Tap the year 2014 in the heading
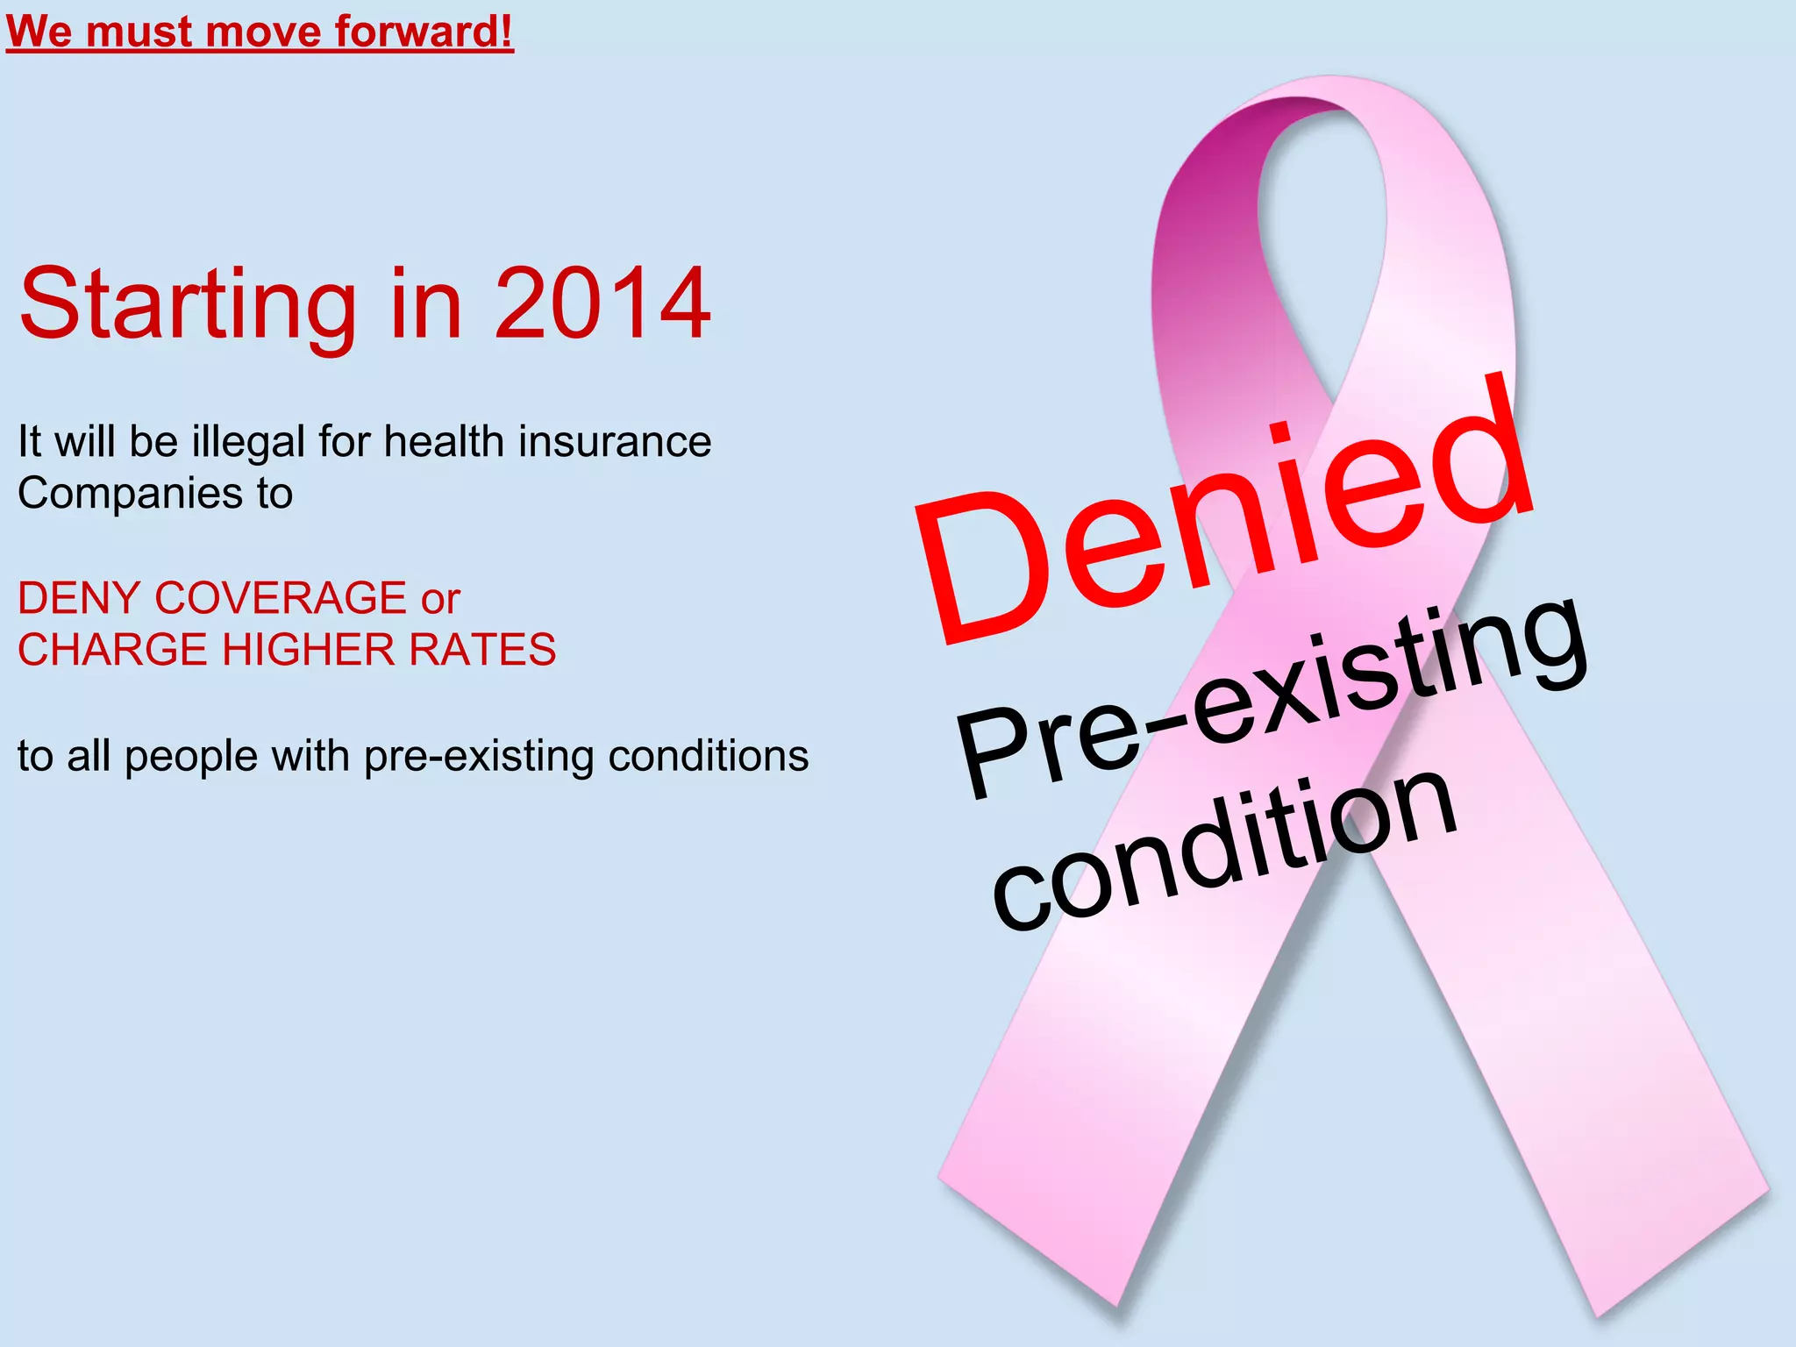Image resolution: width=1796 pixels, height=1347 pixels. point(602,303)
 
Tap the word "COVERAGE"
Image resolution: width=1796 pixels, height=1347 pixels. point(280,598)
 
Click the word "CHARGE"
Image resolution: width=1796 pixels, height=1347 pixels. point(112,650)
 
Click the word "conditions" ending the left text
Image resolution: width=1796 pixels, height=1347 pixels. point(709,755)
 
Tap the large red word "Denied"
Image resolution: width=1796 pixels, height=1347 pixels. point(1228,517)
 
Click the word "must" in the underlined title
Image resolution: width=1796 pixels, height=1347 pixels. point(139,32)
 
